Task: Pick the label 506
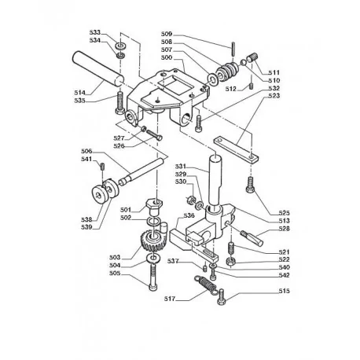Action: coord(86,151)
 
